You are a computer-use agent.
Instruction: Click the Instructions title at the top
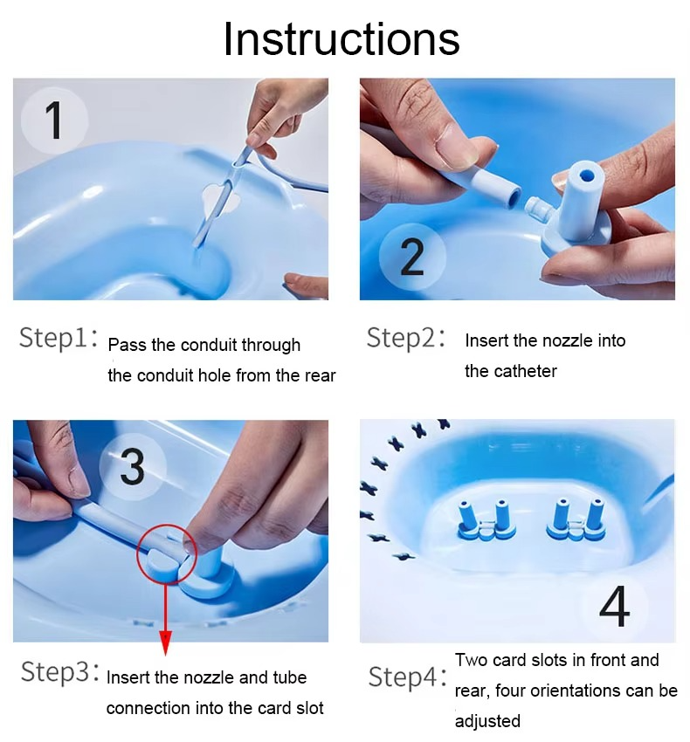341,39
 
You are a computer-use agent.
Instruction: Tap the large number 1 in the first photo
54,120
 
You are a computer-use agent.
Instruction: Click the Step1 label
59,339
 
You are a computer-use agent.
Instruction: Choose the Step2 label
406,338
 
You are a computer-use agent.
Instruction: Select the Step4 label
407,677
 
